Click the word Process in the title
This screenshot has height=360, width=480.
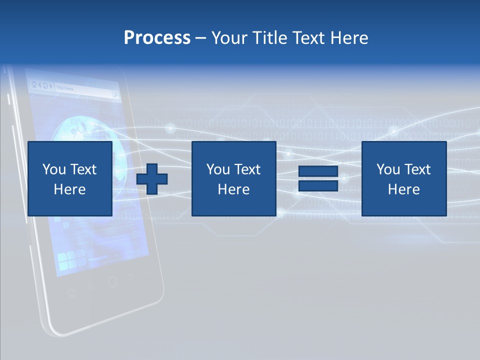point(157,38)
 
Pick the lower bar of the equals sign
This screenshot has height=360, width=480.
point(318,186)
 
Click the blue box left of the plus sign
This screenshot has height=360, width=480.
point(70,178)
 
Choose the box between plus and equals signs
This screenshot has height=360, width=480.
point(233,178)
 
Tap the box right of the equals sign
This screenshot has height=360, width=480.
point(403,178)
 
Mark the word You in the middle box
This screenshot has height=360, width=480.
point(218,169)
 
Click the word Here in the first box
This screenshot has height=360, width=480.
point(70,189)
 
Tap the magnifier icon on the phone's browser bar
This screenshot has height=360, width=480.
point(115,93)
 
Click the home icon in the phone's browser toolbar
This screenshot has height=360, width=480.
point(34,85)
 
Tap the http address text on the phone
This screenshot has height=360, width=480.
point(65,88)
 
